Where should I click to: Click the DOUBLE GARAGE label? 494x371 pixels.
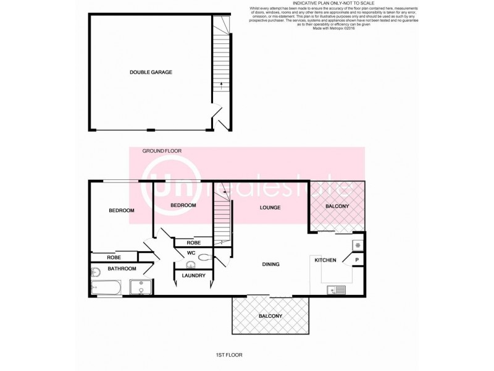pyautogui.click(x=151, y=72)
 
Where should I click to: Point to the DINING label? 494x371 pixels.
pyautogui.click(x=270, y=264)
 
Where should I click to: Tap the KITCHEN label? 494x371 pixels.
pyautogui.click(x=325, y=260)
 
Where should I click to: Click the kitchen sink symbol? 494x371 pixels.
pyautogui.click(x=337, y=288)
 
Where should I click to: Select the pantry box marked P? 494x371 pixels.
pyautogui.click(x=358, y=260)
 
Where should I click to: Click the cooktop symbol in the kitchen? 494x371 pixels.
pyautogui.click(x=358, y=245)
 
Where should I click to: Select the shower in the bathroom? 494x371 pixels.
pyautogui.click(x=141, y=287)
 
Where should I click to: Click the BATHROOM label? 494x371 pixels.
pyautogui.click(x=122, y=269)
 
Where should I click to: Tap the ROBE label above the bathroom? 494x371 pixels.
pyautogui.click(x=113, y=257)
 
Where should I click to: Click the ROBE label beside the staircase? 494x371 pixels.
pyautogui.click(x=194, y=242)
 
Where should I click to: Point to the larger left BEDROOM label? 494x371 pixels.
pyautogui.click(x=122, y=211)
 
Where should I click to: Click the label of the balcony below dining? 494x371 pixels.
pyautogui.click(x=270, y=316)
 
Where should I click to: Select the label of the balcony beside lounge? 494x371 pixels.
pyautogui.click(x=337, y=206)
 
